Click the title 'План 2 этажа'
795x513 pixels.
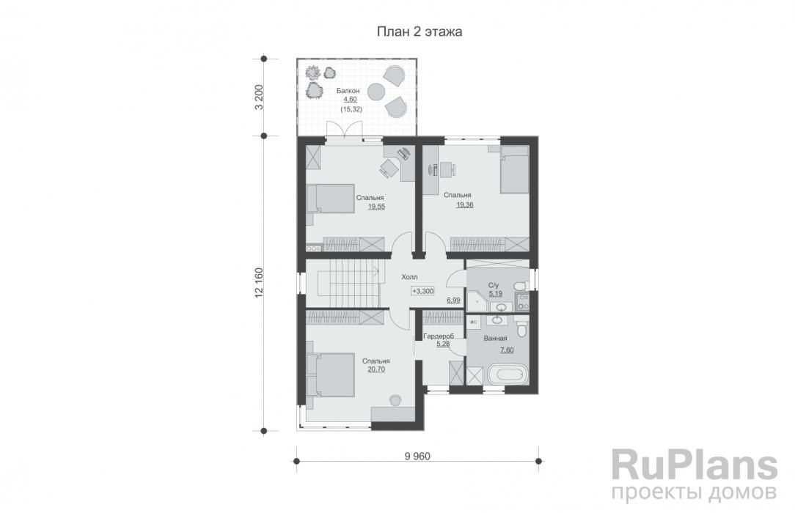pos(420,32)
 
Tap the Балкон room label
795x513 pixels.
pos(348,91)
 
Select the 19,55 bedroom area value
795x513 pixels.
pos(376,207)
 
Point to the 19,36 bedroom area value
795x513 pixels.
pos(464,205)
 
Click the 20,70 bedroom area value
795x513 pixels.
pos(376,369)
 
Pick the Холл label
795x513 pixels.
pos(409,278)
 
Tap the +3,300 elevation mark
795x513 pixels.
pos(422,291)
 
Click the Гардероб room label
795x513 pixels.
pos(438,336)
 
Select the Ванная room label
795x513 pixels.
pos(495,339)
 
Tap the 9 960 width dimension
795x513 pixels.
pos(417,457)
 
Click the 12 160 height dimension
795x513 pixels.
pos(259,283)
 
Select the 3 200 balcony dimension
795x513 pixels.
pos(259,97)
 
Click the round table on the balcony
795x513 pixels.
pos(377,92)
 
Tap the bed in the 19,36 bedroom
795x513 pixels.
pos(515,170)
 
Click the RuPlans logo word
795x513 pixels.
pos(694,466)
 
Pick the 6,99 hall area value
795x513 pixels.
pos(453,300)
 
